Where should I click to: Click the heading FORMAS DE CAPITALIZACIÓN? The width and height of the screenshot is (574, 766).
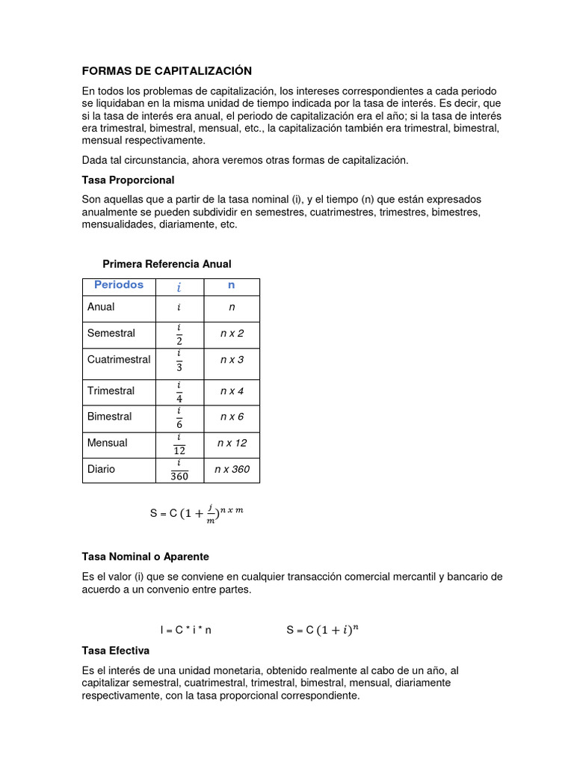[x=167, y=71]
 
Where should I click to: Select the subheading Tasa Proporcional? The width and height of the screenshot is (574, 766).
[x=128, y=180]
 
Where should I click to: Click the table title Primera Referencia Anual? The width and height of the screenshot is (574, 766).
[x=167, y=264]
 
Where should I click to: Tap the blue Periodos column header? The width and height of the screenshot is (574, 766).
[x=119, y=286]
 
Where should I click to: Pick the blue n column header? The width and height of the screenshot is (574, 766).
[x=232, y=286]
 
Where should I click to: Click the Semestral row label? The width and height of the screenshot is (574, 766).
[x=111, y=333]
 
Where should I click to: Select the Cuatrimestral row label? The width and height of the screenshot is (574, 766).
[x=119, y=359]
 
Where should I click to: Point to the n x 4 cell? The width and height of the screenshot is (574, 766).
[x=232, y=391]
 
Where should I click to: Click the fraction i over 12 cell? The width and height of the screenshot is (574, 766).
[x=179, y=444]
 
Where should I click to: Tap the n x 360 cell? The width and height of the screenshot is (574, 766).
[x=232, y=470]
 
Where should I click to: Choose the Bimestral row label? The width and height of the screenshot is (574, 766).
[x=110, y=417]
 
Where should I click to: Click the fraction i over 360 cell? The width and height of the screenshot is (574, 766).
[x=179, y=470]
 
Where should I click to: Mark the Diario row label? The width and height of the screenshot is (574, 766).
[x=102, y=470]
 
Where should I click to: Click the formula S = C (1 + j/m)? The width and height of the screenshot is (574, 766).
[x=197, y=513]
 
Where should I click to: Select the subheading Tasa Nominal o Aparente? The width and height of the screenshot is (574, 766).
[x=146, y=557]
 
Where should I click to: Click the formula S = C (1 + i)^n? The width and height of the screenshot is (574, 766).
[x=322, y=630]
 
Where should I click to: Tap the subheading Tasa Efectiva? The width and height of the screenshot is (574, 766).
[x=116, y=651]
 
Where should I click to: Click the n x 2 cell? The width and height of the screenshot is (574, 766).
[x=232, y=333]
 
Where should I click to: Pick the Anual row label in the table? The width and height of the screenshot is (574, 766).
[x=101, y=307]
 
